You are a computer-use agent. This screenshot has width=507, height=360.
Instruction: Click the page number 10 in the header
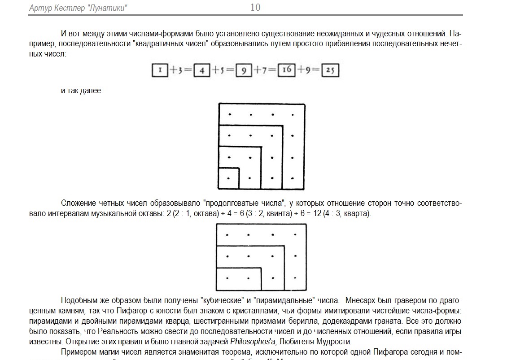[255, 7]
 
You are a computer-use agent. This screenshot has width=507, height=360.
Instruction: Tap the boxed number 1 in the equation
[160, 70]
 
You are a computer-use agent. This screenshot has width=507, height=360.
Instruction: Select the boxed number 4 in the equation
[202, 71]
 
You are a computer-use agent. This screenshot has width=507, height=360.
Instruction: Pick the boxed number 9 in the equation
[244, 71]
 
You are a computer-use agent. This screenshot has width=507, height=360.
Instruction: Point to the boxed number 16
[287, 70]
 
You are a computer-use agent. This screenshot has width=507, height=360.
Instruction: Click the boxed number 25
[330, 70]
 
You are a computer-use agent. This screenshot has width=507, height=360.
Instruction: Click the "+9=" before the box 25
[309, 70]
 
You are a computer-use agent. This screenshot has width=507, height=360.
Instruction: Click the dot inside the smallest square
[229, 178]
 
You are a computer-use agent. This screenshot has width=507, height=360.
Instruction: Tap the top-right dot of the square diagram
[293, 115]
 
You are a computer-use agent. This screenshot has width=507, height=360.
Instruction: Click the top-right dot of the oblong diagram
[295, 234]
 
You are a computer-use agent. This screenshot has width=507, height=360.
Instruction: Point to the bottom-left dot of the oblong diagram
[228, 278]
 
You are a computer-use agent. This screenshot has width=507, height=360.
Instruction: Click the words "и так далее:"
[82, 91]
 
